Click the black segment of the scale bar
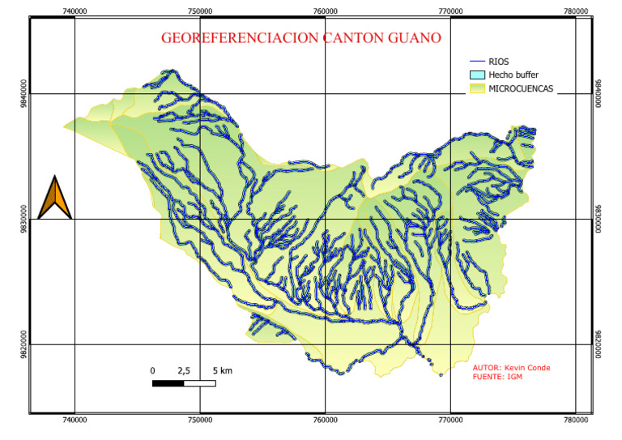coord(168,382)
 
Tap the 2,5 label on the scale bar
coord(184,370)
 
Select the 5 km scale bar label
coord(222,370)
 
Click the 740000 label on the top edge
coord(75,11)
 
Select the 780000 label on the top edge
coord(576,11)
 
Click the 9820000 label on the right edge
coord(599,345)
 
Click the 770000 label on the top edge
coord(450,11)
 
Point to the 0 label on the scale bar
coord(152,370)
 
